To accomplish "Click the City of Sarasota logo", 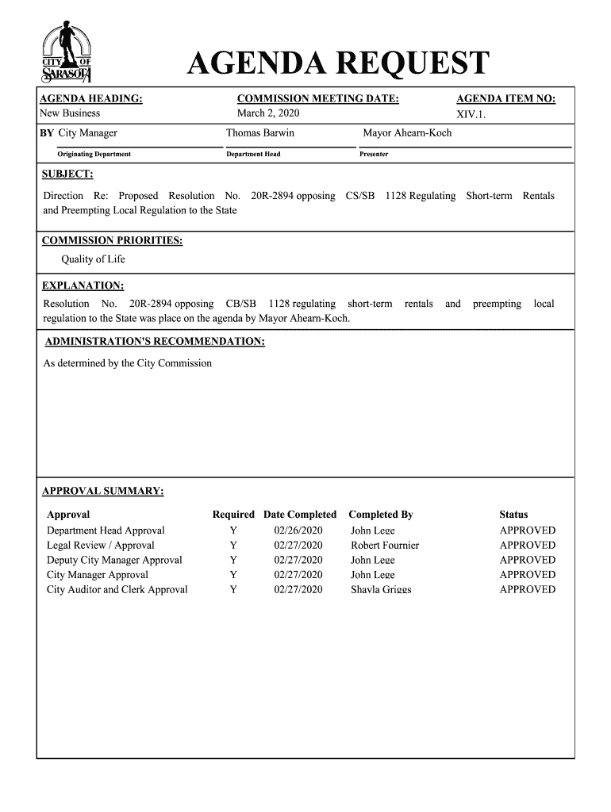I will pos(67,53).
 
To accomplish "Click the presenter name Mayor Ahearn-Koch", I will pos(407,133).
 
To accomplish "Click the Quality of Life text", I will pos(94,259).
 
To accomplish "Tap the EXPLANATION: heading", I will pos(83,285).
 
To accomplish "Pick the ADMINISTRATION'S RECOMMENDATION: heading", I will pos(155,342).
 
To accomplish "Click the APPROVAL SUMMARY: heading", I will pos(103,492).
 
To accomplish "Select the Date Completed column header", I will pos(300,515).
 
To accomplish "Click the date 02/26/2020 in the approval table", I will pos(298,530).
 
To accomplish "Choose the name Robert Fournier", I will pos(385,546).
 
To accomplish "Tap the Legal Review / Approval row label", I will pos(101,546).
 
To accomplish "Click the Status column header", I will pos(513,515).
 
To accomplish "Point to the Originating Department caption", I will pos(94,154).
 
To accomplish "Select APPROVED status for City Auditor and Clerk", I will pos(528,590).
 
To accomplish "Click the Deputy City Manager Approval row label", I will pos(114,560).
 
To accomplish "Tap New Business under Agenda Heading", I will pos(71,113).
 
